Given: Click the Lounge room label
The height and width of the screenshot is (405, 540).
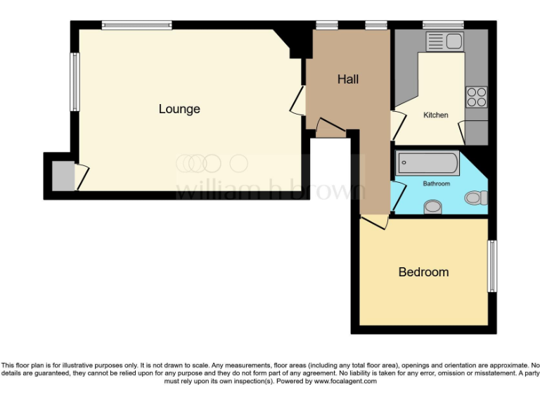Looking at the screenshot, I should [179, 109].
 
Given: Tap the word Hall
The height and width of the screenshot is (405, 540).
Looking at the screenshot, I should [347, 79].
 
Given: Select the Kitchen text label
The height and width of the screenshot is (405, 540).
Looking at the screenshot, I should [435, 115].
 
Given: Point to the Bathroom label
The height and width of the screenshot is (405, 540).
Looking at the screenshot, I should [436, 184].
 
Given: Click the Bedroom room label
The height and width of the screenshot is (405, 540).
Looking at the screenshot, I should [423, 272].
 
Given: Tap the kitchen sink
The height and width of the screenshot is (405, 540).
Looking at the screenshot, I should [443, 41].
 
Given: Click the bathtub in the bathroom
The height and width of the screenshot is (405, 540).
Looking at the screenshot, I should [427, 164].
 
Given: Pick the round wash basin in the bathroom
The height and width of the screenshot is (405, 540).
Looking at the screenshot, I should [434, 207].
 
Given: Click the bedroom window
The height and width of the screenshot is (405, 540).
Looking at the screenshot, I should [492, 266].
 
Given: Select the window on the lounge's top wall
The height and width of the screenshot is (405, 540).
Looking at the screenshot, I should [136, 25].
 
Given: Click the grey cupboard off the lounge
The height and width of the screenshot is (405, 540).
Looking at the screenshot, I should [65, 176].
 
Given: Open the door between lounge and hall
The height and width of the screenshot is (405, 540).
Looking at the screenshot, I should [298, 100].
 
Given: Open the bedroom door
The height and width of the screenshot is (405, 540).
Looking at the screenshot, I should [373, 222].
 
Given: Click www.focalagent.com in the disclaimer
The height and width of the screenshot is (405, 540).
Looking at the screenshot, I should [345, 382].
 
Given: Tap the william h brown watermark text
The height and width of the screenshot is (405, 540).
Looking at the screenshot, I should [270, 189].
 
